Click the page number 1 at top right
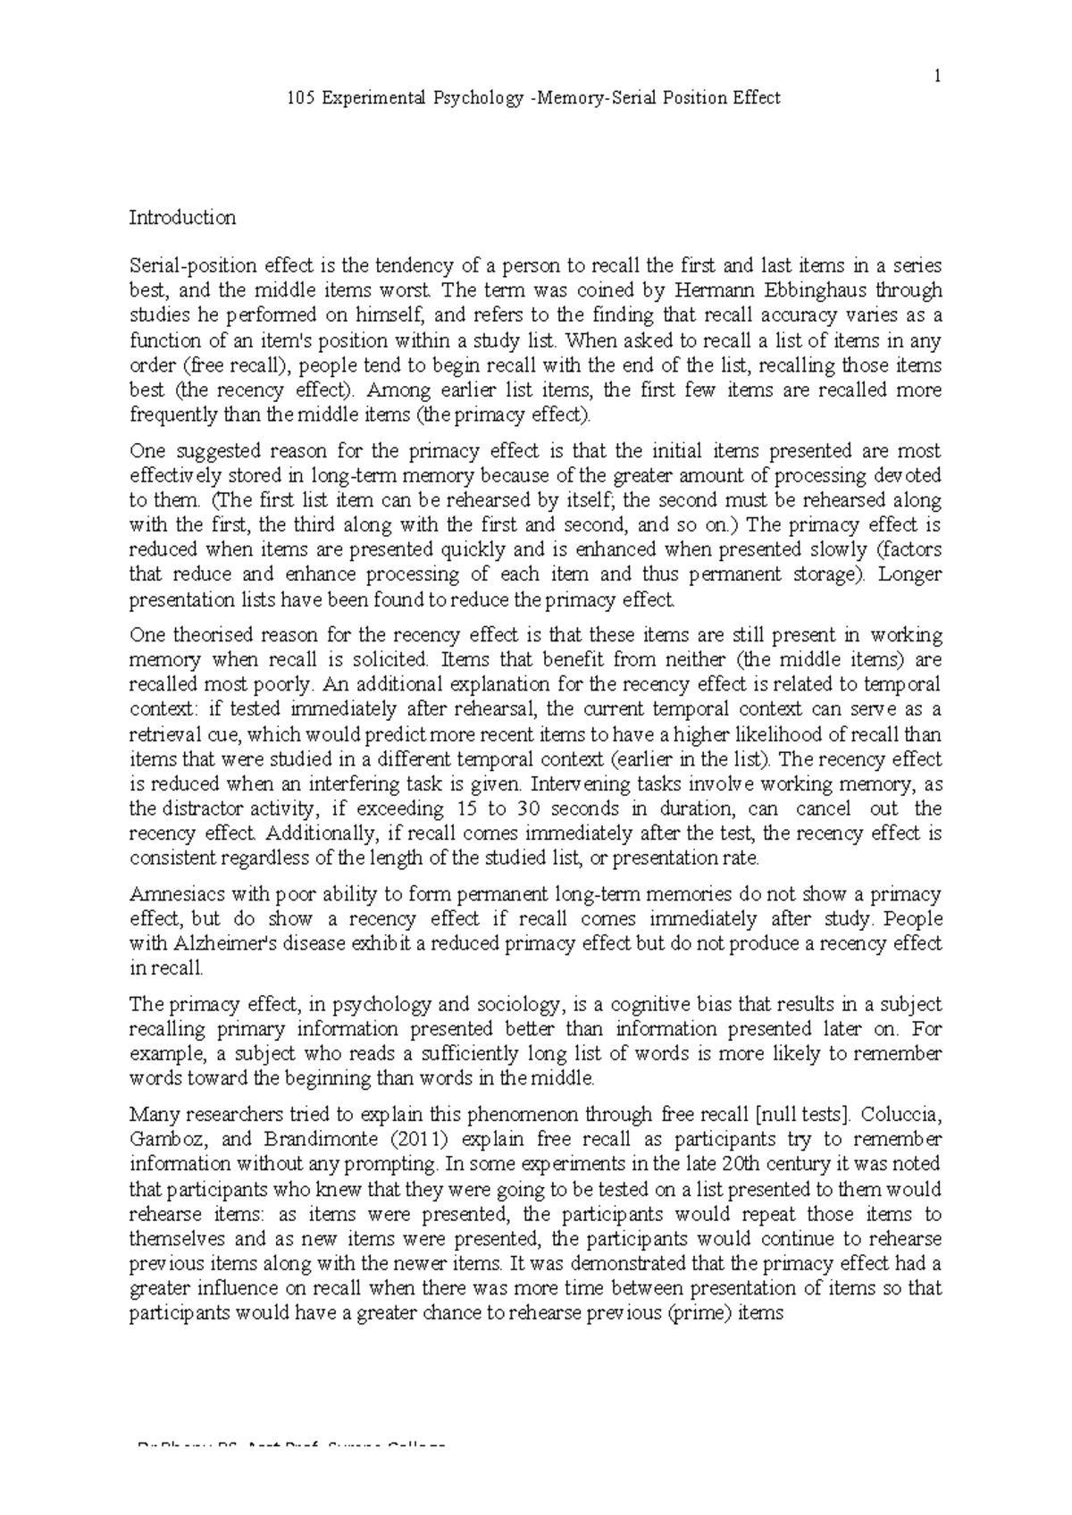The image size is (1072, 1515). [937, 77]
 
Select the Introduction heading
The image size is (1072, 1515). [182, 217]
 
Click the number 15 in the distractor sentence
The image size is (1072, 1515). [465, 808]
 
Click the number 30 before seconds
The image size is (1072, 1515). [526, 808]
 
